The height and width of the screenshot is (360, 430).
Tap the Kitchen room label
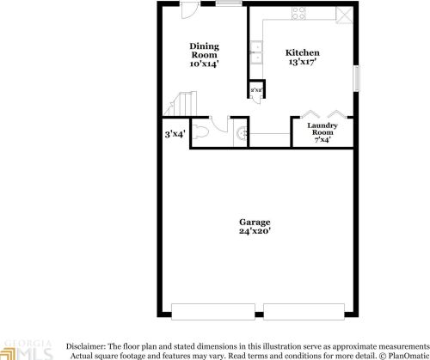point(303,53)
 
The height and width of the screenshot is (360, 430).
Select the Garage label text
point(255,222)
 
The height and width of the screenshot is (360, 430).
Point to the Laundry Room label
point(322,130)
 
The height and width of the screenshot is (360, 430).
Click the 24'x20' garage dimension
point(255,231)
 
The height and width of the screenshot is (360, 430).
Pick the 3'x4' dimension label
point(175,134)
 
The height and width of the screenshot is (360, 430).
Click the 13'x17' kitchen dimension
point(303,63)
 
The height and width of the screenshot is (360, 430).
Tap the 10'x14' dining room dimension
point(204,64)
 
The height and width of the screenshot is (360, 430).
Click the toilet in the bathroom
point(200,133)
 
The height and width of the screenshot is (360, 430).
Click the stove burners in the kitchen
point(299,13)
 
